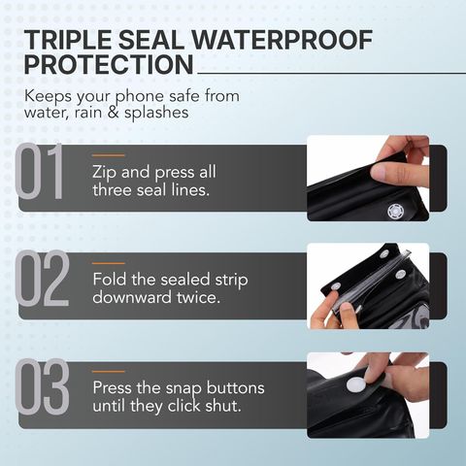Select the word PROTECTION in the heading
[109, 64]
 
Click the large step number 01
[39, 171]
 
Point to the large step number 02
[42, 279]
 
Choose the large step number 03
[42, 386]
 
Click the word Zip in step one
[104, 172]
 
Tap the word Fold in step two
[109, 280]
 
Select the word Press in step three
[112, 387]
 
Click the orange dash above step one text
[109, 155]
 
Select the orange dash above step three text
[109, 371]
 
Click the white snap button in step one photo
[395, 211]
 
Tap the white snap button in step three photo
[356, 384]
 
